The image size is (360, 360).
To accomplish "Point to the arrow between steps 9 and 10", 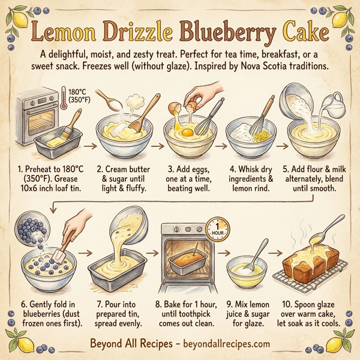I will coord(274,253).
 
